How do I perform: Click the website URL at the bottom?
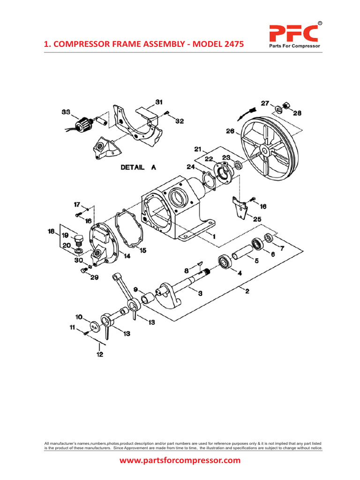[180, 460]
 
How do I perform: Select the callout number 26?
[230, 131]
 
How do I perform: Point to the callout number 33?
[66, 112]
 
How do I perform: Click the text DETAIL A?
[138, 167]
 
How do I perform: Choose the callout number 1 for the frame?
[214, 237]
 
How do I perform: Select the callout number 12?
[99, 354]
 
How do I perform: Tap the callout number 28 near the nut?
[296, 113]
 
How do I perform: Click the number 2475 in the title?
[232, 44]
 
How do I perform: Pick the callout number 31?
[158, 102]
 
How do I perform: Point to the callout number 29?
[94, 278]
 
